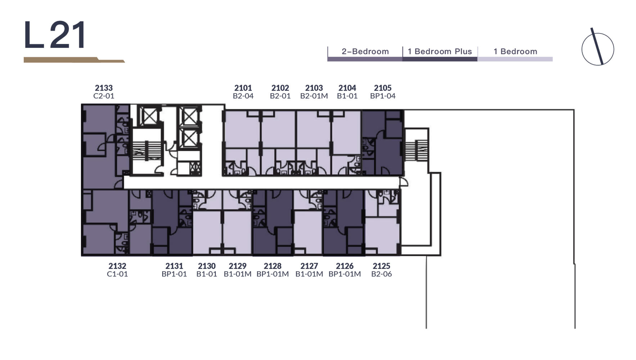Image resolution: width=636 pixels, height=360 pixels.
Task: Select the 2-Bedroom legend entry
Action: tap(365, 51)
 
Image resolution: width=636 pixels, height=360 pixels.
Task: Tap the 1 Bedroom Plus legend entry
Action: tap(439, 51)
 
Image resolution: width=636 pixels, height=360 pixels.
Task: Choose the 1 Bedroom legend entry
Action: tap(515, 51)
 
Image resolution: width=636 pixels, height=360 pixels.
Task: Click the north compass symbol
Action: tap(597, 48)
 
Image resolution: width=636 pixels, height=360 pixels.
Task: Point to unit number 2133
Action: tap(104, 88)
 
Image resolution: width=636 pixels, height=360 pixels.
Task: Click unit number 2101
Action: tap(243, 88)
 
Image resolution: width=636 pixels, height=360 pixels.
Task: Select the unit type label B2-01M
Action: tap(314, 96)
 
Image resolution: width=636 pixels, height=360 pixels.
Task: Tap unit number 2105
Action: tap(383, 88)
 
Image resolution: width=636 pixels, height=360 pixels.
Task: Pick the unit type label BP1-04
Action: tap(383, 96)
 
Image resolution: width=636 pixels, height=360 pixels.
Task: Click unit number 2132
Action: tap(117, 266)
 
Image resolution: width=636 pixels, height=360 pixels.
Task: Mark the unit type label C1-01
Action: tap(117, 274)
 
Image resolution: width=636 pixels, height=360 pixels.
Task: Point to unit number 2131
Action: tap(174, 266)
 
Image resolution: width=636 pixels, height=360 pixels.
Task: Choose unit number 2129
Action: tap(238, 266)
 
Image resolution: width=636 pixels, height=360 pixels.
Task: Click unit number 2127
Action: tap(309, 266)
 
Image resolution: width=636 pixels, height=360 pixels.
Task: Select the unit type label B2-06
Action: tap(382, 274)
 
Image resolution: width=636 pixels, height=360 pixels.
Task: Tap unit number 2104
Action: tap(347, 88)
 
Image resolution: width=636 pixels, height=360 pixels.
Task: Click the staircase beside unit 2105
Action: tap(416, 150)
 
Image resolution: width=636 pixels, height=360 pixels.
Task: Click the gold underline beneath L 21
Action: tap(74, 60)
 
